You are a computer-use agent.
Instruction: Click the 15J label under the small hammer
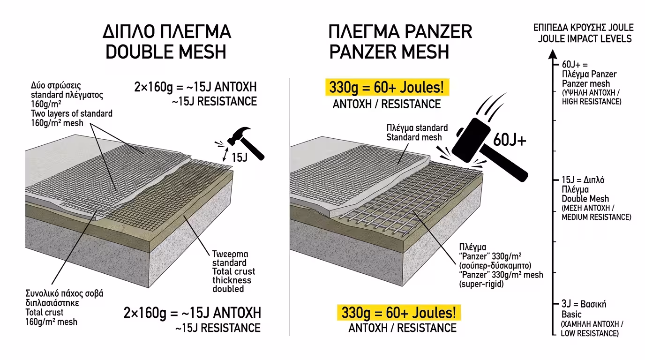click(239, 157)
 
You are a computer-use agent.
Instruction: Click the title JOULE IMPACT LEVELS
click(585, 38)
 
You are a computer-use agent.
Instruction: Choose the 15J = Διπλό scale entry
click(579, 180)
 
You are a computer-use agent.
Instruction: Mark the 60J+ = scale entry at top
click(574, 65)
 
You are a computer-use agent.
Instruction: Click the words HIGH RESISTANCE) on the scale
click(591, 102)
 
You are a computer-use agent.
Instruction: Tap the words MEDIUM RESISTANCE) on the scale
click(596, 217)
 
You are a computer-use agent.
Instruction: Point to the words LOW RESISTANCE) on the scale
click(590, 333)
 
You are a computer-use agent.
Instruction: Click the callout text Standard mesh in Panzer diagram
click(414, 137)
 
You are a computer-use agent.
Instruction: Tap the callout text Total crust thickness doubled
click(233, 280)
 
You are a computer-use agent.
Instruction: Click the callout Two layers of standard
click(72, 114)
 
